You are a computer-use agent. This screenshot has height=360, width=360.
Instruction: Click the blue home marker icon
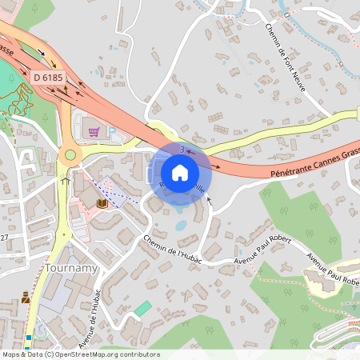180,172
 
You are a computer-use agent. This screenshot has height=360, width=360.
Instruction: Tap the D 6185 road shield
49,77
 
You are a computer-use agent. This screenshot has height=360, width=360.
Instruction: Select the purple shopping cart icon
94,131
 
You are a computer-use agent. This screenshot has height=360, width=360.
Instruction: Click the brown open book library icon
102,205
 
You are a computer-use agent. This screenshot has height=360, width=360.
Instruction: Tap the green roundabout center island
70,155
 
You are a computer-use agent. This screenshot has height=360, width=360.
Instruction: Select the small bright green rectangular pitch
142,308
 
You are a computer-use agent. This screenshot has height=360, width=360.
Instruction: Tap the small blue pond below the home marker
181,224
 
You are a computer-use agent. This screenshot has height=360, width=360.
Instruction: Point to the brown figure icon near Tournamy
26,298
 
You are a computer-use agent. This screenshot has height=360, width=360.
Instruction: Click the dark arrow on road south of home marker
210,200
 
